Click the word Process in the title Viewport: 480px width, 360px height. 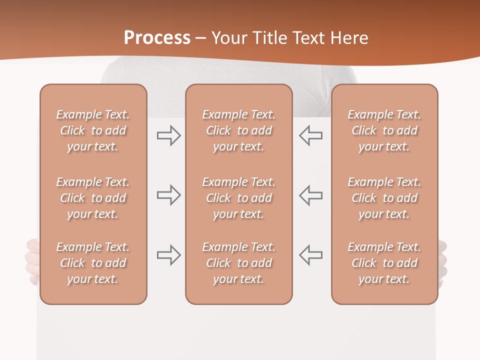(157, 38)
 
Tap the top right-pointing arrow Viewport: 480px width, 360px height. (168, 135)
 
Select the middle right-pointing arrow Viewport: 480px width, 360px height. (168, 195)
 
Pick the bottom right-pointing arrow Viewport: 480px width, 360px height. (168, 255)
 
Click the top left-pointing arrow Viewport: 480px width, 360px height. (310, 135)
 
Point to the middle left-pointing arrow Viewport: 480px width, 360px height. (310, 195)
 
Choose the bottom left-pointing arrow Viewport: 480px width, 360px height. (310, 255)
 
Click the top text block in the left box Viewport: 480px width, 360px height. (93, 130)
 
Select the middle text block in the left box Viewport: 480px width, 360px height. (93, 198)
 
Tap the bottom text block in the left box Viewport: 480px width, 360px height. (93, 263)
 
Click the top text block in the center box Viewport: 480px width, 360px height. (238, 130)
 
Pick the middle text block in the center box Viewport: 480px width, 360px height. (238, 198)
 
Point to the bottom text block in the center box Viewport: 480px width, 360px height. (238, 263)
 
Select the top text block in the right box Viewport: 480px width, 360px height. (384, 130)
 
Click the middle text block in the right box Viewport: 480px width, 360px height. (384, 198)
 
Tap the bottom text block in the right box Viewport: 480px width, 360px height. (384, 263)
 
